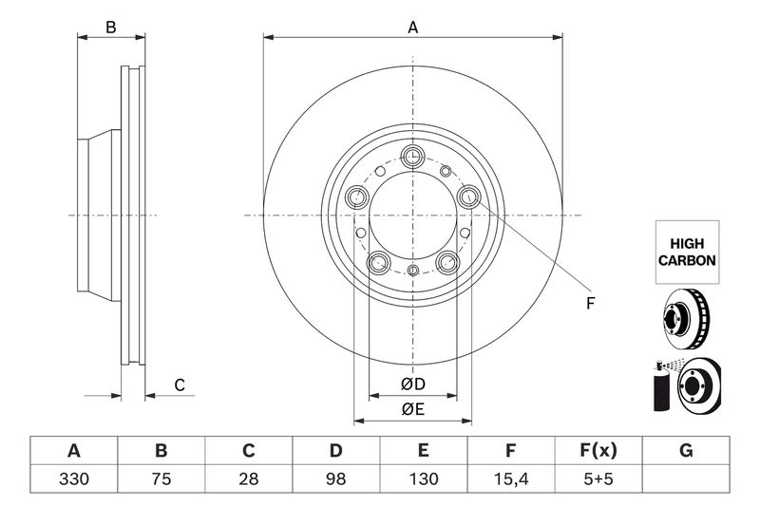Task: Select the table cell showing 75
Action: (x=161, y=479)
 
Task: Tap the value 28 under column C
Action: (x=249, y=479)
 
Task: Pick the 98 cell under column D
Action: (x=336, y=479)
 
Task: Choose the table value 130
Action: (x=424, y=479)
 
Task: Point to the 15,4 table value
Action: (x=511, y=479)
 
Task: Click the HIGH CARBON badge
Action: (x=686, y=252)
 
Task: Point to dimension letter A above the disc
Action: (x=412, y=28)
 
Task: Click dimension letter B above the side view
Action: (x=111, y=28)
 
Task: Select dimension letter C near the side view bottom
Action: (x=178, y=384)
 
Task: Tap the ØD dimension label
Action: (x=412, y=384)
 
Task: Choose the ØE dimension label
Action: (x=412, y=409)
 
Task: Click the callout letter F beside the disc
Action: (x=589, y=304)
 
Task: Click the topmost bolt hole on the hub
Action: (x=412, y=158)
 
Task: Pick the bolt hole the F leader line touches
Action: (x=468, y=197)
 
